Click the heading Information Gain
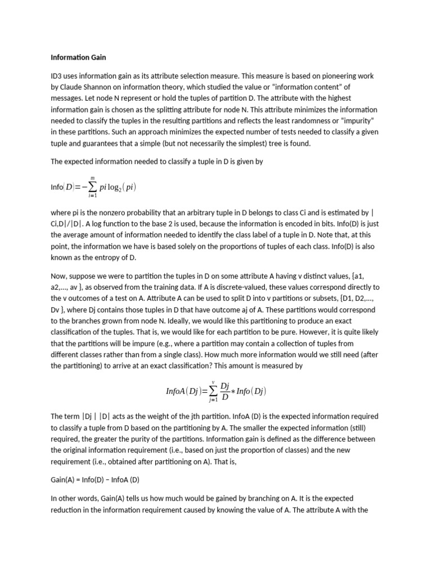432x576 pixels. pyautogui.click(x=78, y=57)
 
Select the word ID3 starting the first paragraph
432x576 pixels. pyautogui.click(x=57, y=75)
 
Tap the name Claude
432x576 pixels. pyautogui.click(x=72, y=87)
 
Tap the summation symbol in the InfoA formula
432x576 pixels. pyautogui.click(x=213, y=390)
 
